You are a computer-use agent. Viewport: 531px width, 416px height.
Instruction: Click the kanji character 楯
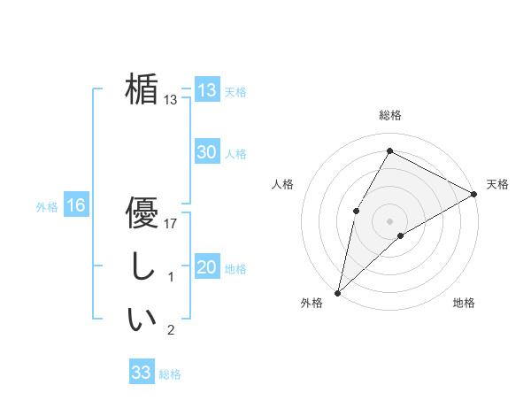tap(142, 89)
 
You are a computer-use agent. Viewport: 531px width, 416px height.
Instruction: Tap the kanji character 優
tap(142, 212)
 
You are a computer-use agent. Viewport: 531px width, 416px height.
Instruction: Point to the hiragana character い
tap(142, 320)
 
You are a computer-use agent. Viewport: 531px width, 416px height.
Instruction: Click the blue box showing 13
tap(206, 90)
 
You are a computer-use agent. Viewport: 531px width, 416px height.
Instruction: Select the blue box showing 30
tap(206, 152)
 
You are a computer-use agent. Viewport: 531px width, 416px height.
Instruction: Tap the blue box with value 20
tap(206, 267)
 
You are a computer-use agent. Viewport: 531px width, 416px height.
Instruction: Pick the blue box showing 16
tap(75, 206)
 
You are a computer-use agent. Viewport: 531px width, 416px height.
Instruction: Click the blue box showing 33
tap(141, 373)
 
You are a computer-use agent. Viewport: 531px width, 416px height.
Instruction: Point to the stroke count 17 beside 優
tap(172, 224)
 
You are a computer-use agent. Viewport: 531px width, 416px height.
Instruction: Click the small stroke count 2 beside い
tap(171, 331)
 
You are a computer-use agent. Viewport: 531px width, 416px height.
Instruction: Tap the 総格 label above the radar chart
tap(389, 116)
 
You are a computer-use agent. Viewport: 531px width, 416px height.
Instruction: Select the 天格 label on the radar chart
tap(497, 184)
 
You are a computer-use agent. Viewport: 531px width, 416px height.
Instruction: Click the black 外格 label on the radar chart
tap(312, 304)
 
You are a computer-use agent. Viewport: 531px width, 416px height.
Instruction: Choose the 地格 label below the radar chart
tap(464, 304)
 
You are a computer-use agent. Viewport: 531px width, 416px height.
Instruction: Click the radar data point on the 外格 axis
tap(337, 292)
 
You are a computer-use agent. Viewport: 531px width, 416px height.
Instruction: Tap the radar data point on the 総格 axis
tap(389, 150)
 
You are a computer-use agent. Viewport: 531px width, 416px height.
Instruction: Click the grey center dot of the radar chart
tap(389, 220)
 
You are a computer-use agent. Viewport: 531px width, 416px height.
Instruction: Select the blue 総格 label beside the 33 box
tap(170, 374)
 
